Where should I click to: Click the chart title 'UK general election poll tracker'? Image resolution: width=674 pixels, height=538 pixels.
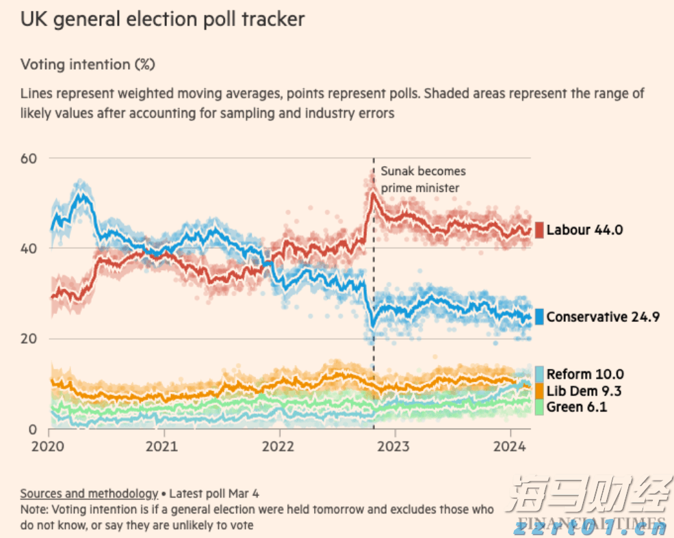coord(163,19)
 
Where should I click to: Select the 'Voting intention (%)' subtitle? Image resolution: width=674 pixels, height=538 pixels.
coord(88,64)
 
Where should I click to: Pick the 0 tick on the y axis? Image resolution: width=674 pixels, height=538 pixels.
coord(31,429)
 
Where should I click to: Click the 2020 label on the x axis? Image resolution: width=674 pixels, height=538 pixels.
coord(49,446)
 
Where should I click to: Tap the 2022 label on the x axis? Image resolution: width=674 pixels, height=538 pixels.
coord(279,446)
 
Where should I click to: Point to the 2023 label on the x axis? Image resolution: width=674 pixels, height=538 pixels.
coord(395,446)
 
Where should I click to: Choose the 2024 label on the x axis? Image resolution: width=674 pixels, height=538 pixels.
coord(510,446)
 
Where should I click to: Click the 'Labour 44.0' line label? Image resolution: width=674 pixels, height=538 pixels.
coord(584,230)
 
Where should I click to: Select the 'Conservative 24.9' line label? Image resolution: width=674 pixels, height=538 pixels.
coord(603,317)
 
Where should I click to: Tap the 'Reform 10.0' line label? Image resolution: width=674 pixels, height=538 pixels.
coord(585,374)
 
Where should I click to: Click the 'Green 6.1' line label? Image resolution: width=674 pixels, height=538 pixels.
coord(577,407)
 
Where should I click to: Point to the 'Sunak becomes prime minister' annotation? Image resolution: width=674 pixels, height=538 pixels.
coord(423,179)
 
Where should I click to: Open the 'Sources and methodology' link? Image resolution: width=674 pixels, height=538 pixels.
coord(89,493)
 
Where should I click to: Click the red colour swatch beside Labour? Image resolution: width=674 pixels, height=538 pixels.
coord(539,230)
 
